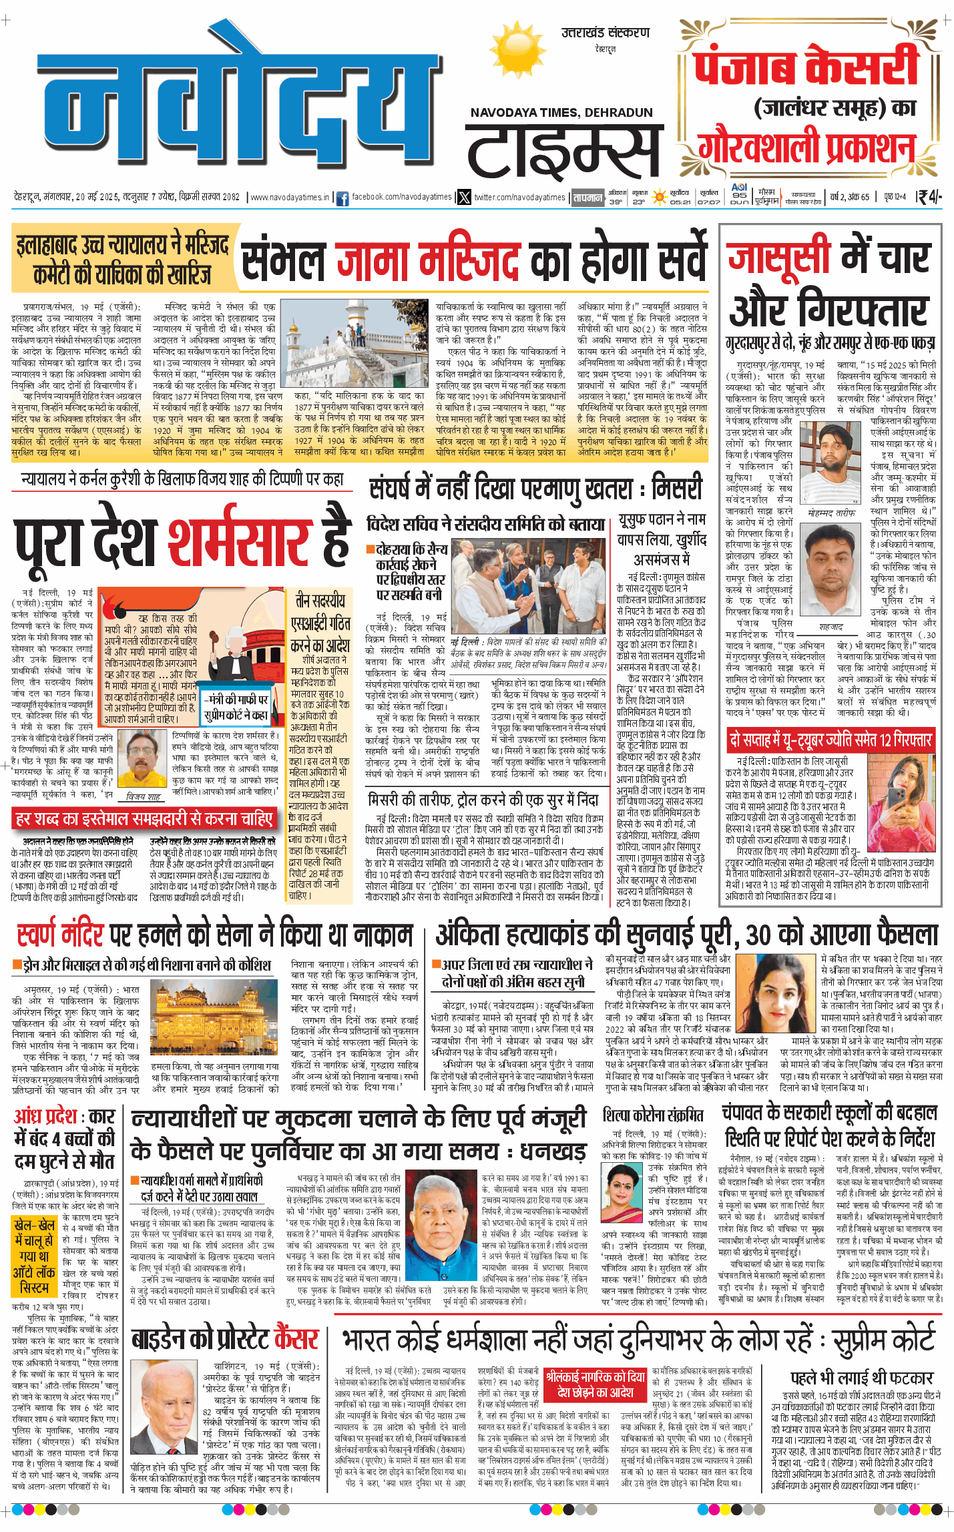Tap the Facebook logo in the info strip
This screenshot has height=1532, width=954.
342,198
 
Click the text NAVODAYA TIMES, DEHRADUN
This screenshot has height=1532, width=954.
561,113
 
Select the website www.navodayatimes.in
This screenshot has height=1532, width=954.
289,198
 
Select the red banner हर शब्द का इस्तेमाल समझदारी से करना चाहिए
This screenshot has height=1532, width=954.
144,819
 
